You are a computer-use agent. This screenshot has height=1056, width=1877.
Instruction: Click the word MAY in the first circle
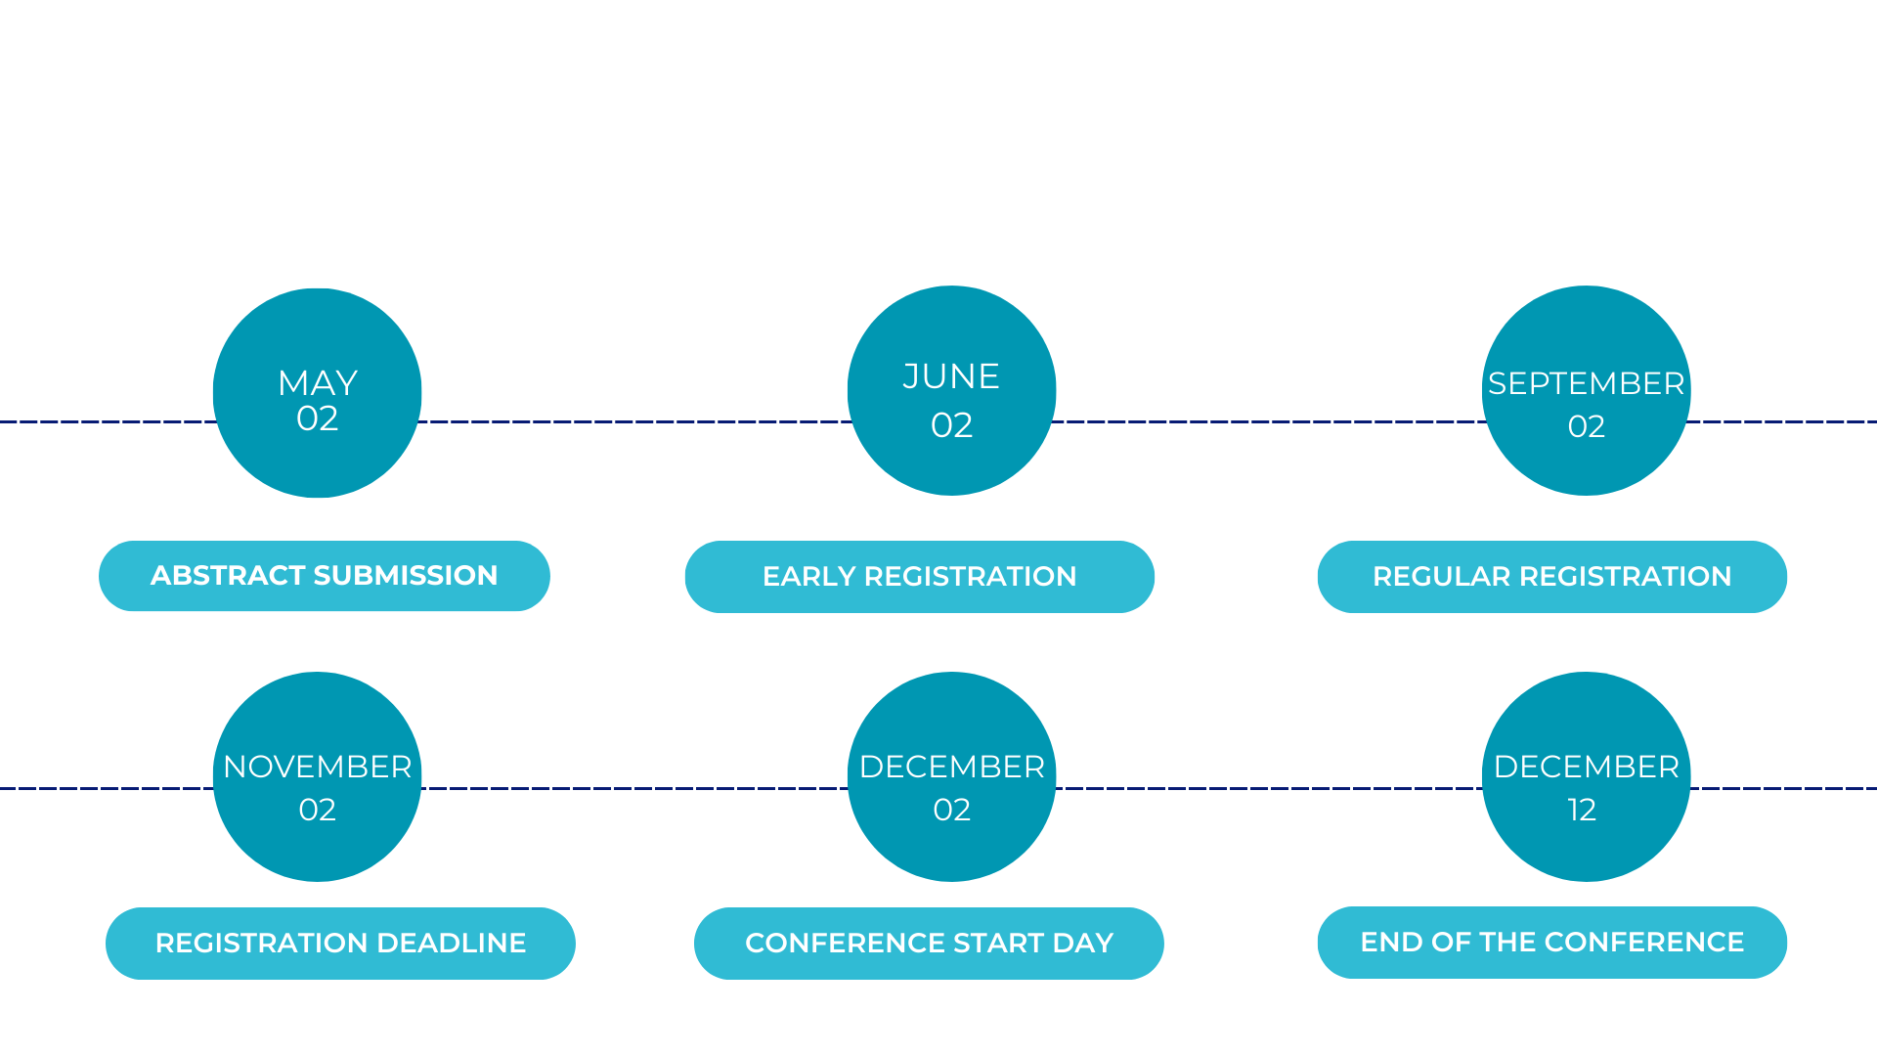pos(318,382)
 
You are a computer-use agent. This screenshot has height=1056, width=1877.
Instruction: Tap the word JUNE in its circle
pos(951,376)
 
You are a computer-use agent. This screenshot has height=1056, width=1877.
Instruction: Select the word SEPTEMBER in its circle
pos(1587,383)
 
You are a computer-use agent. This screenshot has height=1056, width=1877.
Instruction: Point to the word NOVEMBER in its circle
pos(318,767)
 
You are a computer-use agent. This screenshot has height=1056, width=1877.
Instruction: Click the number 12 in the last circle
pos(1582,810)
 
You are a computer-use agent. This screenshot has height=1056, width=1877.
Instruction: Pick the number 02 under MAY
pos(318,418)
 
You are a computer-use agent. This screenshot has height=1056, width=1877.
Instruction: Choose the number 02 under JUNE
pos(951,425)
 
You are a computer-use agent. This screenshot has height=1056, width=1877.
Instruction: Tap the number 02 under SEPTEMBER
pos(1587,426)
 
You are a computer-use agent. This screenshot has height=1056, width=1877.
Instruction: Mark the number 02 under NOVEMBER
pos(318,810)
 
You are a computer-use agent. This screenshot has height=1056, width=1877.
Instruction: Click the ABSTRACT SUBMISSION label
pos(325,576)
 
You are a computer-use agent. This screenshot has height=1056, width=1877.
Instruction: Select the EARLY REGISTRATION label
pos(920,577)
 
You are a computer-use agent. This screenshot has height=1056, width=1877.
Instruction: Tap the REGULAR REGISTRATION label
pos(1552,577)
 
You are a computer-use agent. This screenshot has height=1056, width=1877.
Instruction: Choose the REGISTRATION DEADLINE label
pos(340,944)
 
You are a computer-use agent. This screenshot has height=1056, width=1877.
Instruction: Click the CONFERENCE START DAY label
pos(929,944)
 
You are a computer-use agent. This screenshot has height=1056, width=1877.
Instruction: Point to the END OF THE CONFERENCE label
pos(1552,943)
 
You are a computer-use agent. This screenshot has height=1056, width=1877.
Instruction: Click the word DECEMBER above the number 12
pos(1587,767)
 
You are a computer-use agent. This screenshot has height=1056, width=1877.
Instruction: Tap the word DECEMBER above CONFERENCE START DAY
pos(951,767)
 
